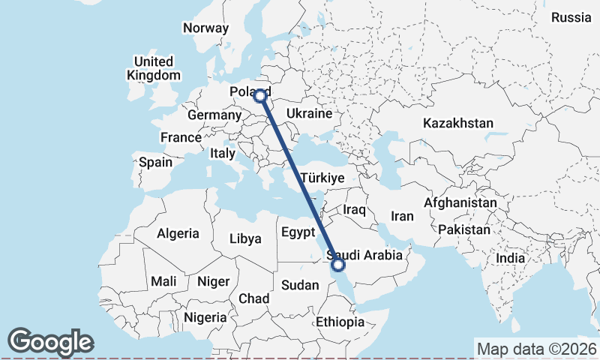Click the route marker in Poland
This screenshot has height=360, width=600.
[260, 95]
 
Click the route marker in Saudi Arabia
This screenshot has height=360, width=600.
[338, 264]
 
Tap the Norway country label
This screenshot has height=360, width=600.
[205, 28]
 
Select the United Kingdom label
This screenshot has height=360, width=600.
[154, 68]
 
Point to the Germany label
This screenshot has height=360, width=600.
[214, 115]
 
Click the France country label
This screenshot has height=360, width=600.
[181, 137]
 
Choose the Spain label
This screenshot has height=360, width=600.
[155, 161]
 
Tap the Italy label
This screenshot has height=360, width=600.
[223, 152]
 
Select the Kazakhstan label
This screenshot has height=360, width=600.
[457, 123]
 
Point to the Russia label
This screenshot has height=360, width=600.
[571, 17]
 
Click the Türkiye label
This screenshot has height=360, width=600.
[322, 178]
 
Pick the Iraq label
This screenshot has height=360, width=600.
[354, 211]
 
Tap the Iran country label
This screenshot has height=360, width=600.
[402, 216]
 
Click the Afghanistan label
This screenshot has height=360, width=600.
[460, 202]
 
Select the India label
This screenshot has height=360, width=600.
[510, 258]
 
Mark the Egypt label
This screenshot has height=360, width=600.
[298, 232]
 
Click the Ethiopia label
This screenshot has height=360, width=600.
[340, 322]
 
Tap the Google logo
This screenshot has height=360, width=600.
[50, 342]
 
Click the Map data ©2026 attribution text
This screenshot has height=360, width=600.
[537, 349]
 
